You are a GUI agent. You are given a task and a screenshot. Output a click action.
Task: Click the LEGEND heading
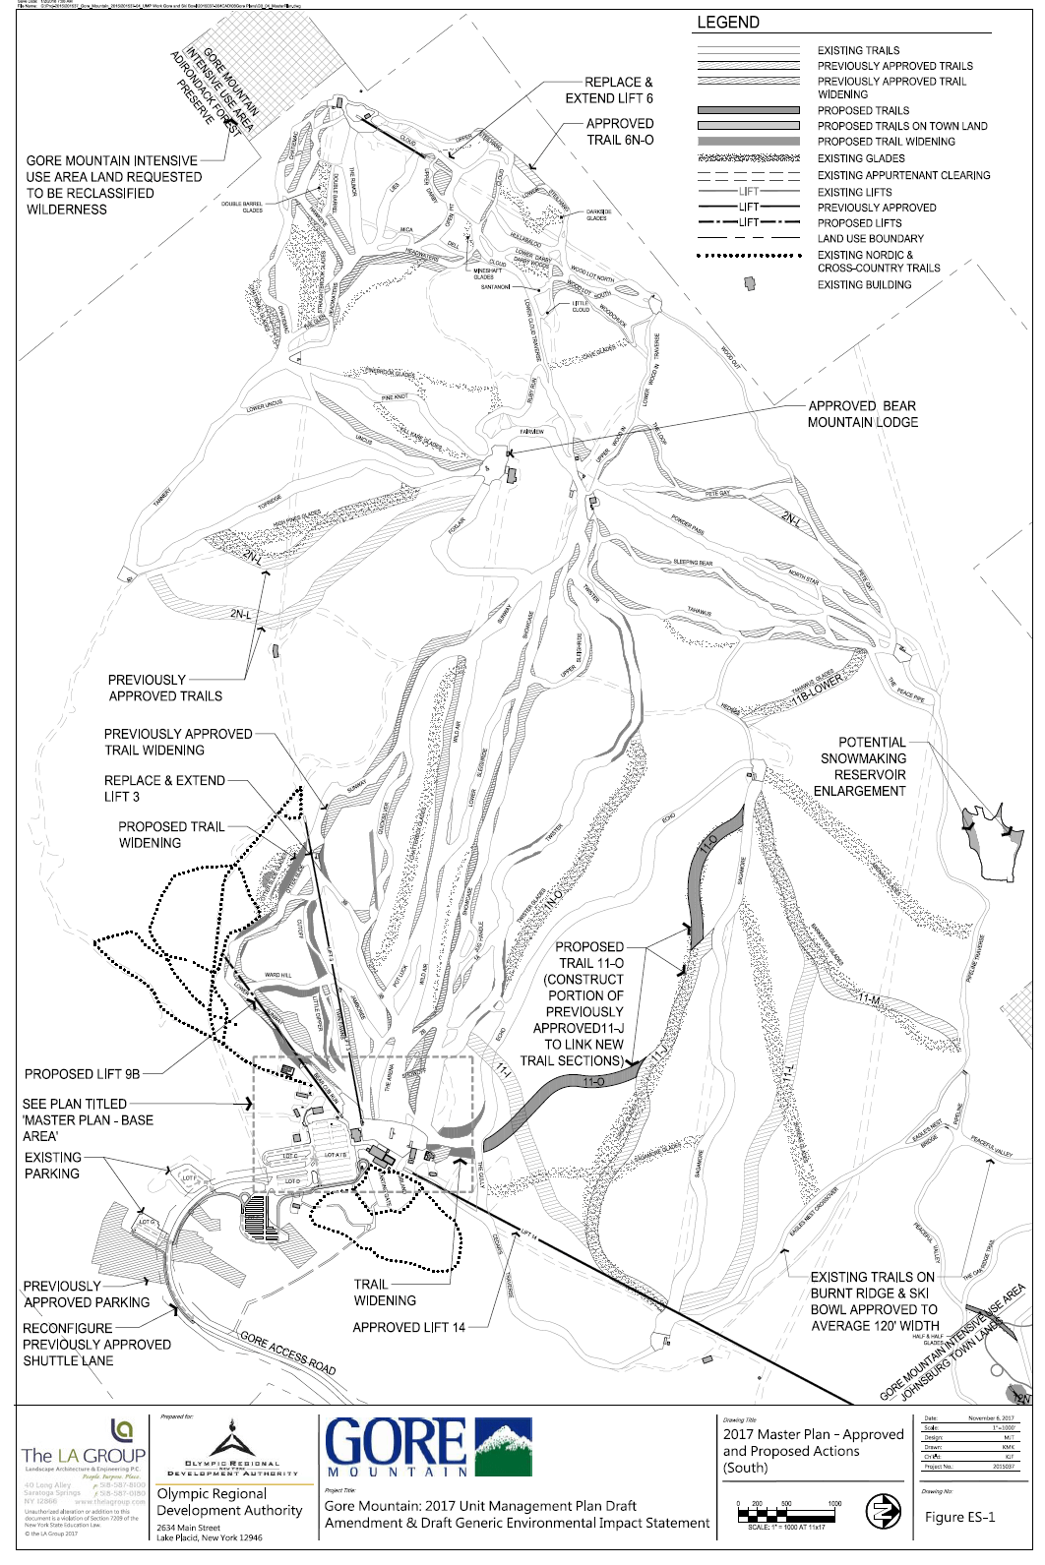728,23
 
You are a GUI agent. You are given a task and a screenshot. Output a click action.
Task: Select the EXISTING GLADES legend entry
861,157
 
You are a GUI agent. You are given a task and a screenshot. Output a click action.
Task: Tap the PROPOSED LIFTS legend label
859,223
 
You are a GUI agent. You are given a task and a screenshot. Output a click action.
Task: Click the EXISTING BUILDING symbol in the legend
750,283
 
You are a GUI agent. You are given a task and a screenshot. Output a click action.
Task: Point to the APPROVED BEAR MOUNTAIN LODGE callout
862,414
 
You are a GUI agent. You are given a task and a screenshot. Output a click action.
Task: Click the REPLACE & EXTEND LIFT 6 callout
608,90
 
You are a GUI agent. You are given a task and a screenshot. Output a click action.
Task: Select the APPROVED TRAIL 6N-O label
620,132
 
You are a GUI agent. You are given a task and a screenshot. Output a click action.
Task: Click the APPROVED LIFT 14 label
408,1327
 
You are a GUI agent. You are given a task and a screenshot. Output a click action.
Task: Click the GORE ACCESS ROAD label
287,1353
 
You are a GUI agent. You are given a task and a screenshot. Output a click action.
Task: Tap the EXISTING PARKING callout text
53,1166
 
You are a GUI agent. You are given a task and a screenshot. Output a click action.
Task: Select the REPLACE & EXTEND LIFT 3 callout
164,788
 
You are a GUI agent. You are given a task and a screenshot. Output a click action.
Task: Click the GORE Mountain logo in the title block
428,1448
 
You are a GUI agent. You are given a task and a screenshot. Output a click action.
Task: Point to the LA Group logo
84,1445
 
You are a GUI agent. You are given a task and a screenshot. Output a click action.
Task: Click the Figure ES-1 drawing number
959,1517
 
